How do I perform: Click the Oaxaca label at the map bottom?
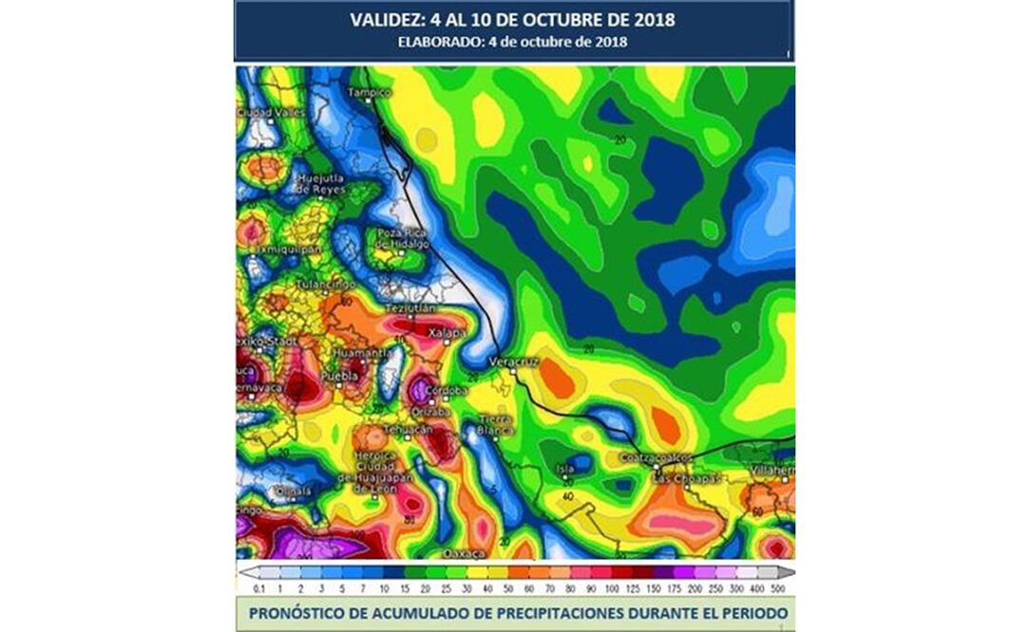[x=466, y=552]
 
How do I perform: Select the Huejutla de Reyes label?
[x=318, y=183]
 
